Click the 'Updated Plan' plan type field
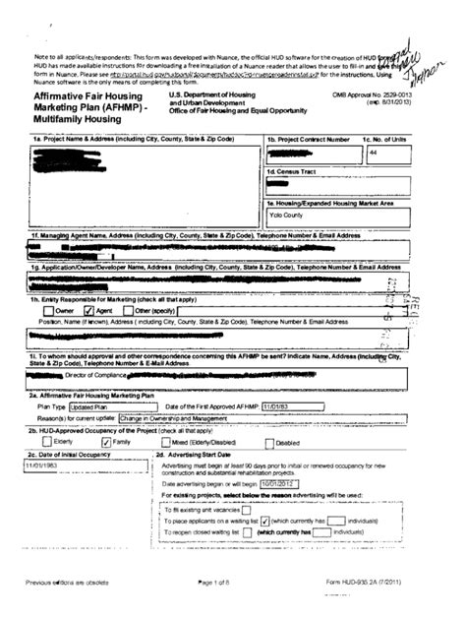coord(89,405)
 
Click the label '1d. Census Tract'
coord(291,172)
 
